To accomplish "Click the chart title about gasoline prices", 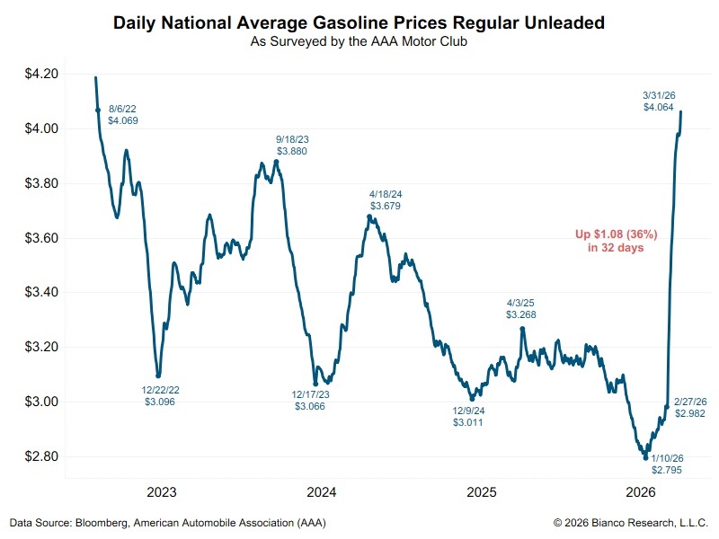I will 359,22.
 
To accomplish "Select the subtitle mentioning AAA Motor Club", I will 359,41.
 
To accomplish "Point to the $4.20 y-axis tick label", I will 40,75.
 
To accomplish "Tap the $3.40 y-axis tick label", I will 40,293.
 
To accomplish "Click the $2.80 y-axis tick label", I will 40,456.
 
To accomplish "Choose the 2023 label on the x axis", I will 162,492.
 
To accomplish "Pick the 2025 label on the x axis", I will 482,492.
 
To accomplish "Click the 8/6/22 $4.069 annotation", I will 123,114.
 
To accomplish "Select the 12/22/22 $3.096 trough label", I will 159,396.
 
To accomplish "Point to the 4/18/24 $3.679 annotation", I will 385,200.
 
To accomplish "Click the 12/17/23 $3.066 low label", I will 309,401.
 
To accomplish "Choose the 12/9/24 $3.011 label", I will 467,417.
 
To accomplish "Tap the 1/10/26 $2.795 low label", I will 666,464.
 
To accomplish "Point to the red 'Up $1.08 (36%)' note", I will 616,241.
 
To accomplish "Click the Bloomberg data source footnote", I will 168,523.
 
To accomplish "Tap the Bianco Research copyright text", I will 631,523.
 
